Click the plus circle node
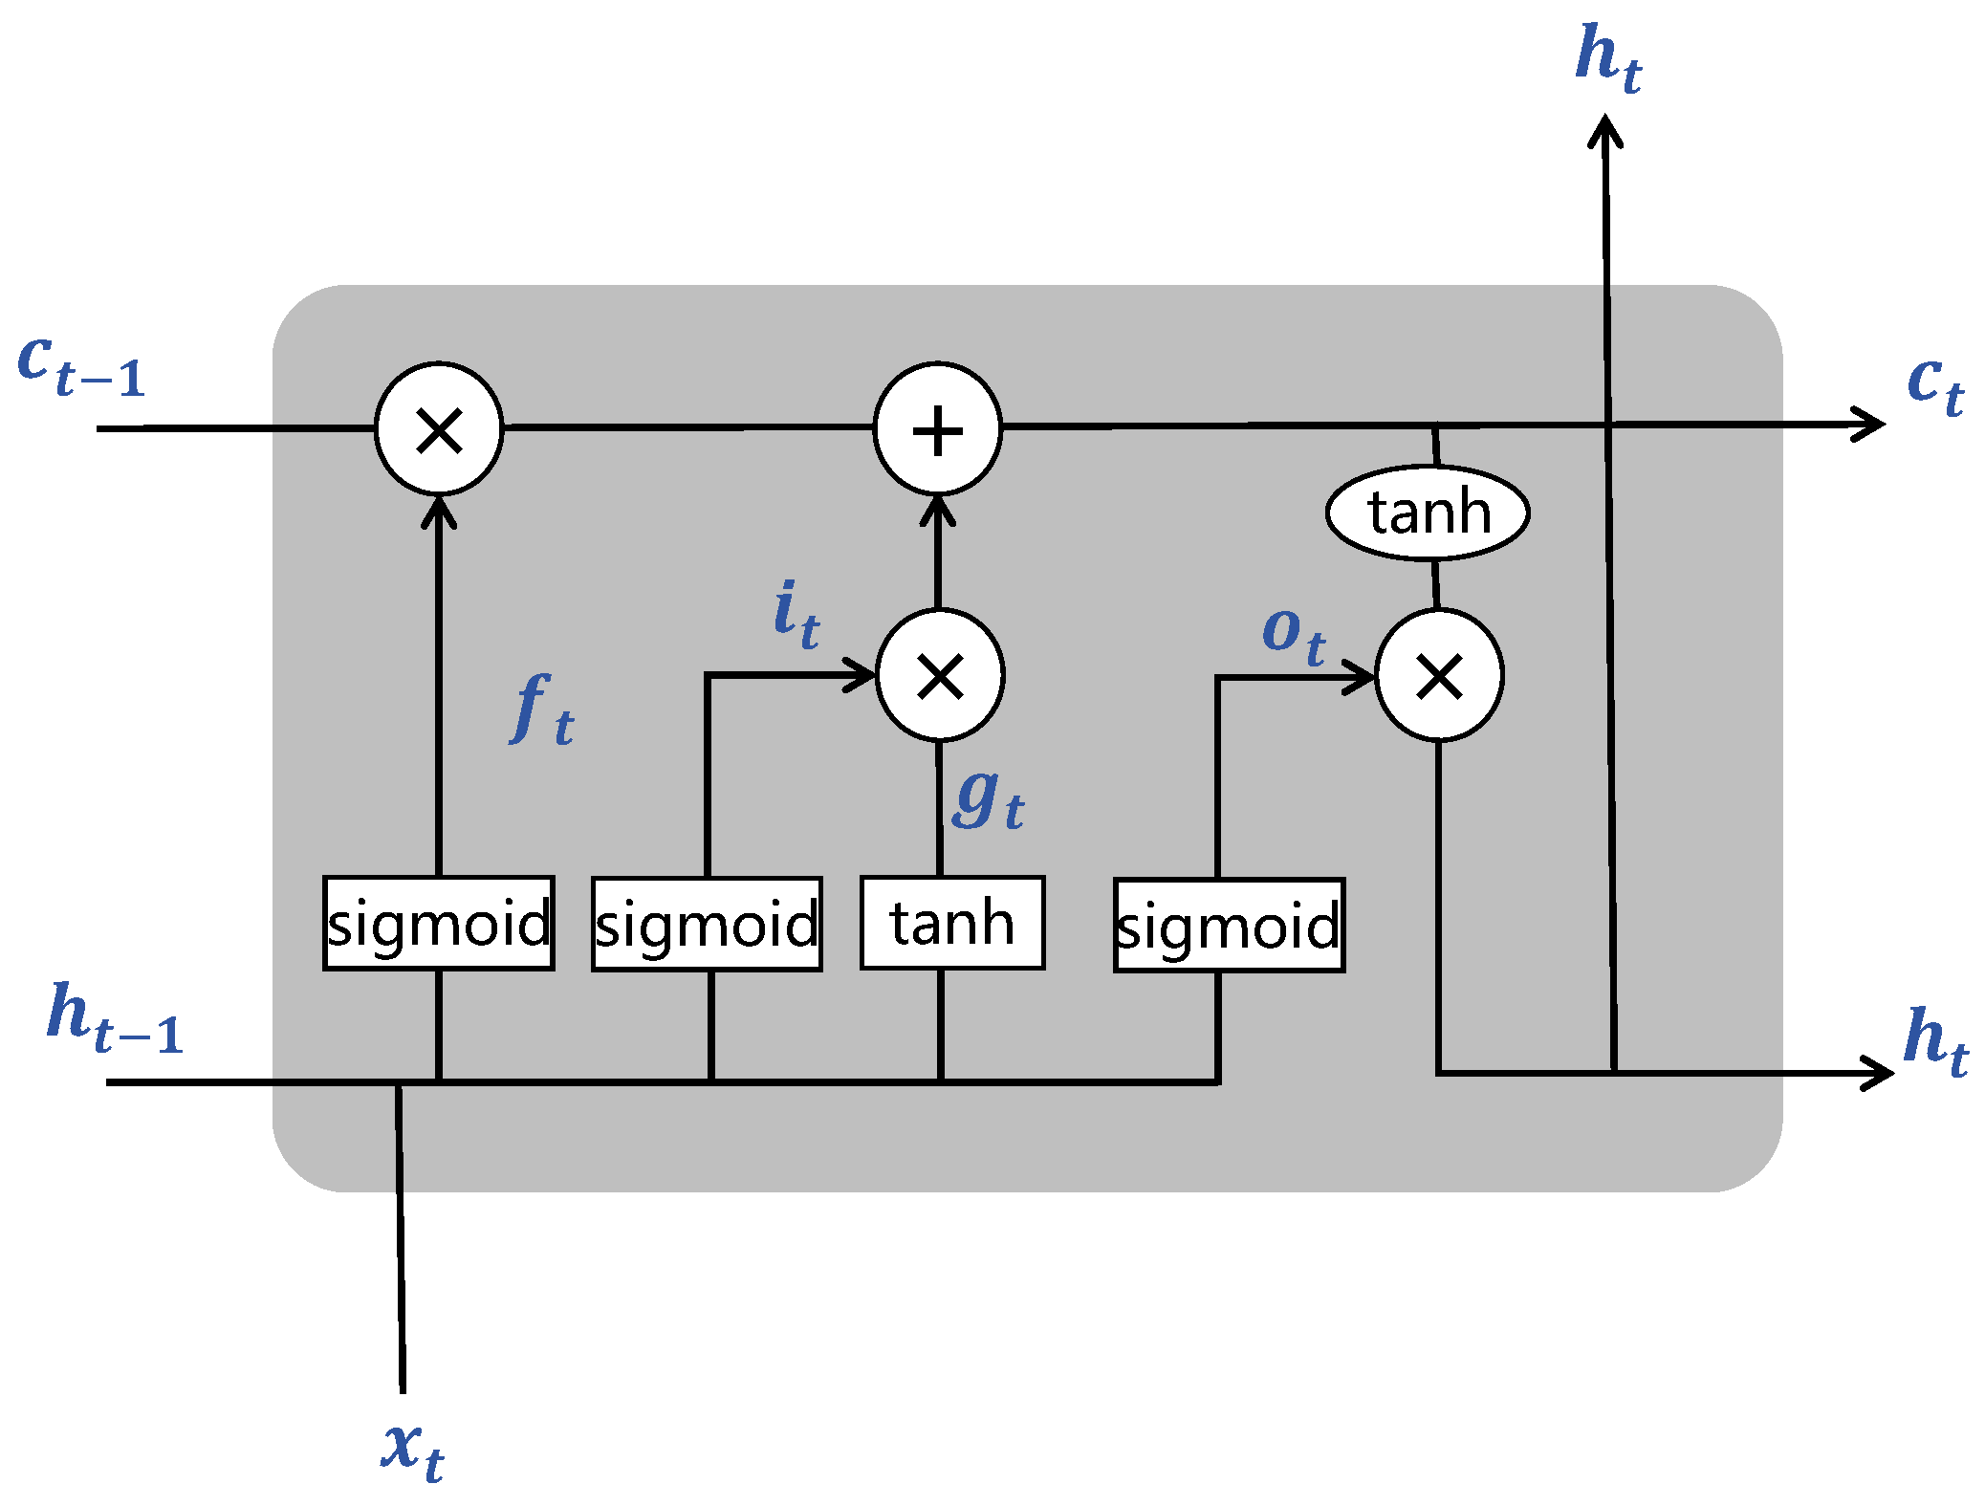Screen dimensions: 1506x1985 (x=937, y=429)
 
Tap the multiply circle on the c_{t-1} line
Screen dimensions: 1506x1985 (x=439, y=429)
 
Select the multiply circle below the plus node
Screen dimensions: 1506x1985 (x=940, y=676)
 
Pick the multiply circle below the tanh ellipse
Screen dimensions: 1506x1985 (x=1439, y=676)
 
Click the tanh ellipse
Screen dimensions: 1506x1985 (x=1428, y=513)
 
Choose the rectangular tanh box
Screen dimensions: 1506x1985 (x=952, y=924)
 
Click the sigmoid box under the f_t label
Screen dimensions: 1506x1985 (x=439, y=924)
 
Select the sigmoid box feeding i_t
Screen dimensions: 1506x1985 (x=707, y=925)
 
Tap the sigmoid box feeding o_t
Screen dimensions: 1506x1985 (x=1229, y=926)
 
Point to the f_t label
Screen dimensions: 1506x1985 (x=542, y=709)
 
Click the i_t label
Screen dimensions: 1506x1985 (x=796, y=615)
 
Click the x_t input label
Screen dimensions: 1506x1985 (x=412, y=1449)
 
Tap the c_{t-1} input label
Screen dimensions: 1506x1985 (x=80, y=365)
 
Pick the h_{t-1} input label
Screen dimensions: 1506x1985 (x=114, y=1018)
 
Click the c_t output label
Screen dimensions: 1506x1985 (x=1934, y=384)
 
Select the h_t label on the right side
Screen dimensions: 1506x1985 (x=1934, y=1042)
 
